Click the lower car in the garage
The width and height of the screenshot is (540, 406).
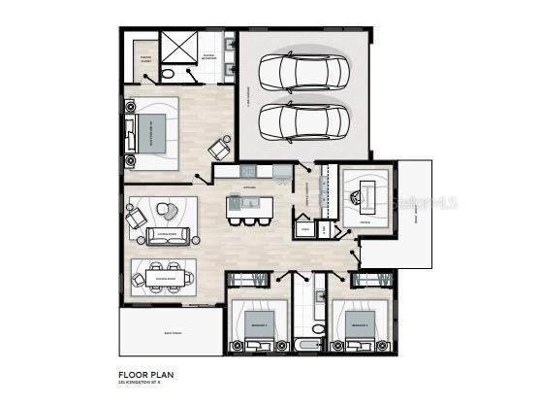pos(303,120)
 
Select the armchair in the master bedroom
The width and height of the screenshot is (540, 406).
pos(220,148)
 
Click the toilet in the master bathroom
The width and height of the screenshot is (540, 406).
pos(169,73)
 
